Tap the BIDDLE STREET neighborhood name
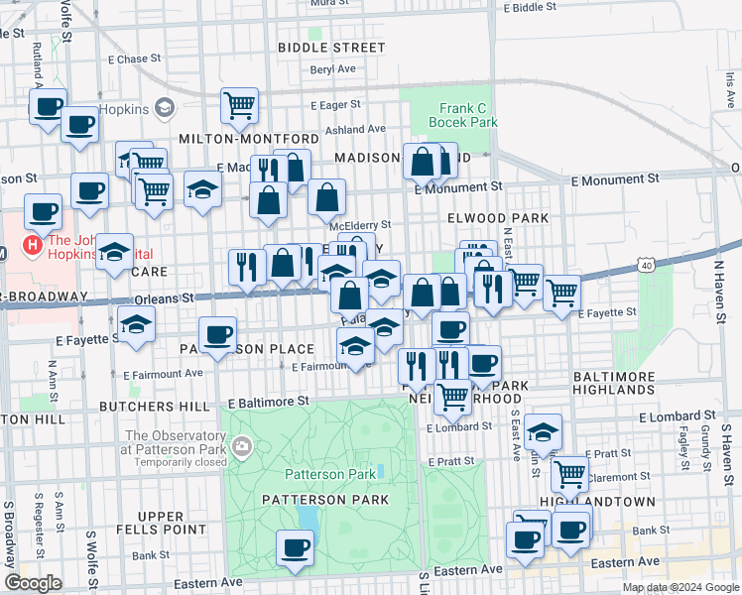point(331,48)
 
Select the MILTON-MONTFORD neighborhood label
point(249,138)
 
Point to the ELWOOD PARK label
point(498,217)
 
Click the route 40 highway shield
point(646,266)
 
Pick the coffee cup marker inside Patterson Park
point(294,546)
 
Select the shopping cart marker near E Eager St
point(239,104)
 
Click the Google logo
point(33,583)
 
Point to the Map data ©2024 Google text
point(680,587)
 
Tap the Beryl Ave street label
point(332,69)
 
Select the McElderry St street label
point(360,225)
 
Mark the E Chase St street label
point(118,59)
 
